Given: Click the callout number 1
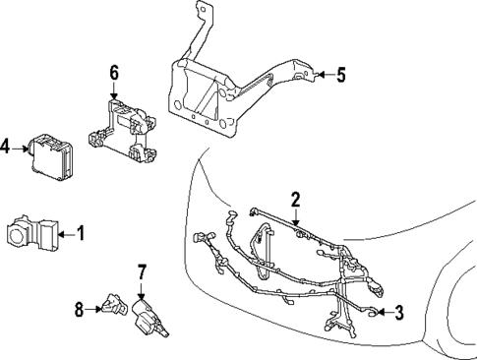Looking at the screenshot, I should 82,234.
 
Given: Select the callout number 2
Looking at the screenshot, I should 295,200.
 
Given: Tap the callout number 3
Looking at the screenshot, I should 398,314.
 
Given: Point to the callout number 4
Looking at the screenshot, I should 6,148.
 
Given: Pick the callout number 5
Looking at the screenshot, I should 341,73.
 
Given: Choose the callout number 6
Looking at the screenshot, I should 114,72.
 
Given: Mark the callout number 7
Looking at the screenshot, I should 142,270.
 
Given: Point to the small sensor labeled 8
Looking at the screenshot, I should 110,308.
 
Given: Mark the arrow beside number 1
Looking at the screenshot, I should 67,234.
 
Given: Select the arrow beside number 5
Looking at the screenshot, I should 323,73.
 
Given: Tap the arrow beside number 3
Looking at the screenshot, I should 383,314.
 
